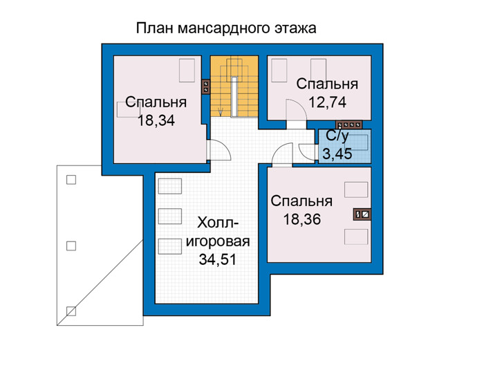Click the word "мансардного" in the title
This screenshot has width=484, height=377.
[x=223, y=28]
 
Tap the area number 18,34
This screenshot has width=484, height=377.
[x=156, y=120]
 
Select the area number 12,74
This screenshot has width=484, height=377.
[x=327, y=102]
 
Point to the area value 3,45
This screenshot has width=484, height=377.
[x=337, y=154]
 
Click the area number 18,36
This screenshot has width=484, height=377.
[x=302, y=219]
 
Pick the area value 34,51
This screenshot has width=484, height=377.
[x=218, y=259]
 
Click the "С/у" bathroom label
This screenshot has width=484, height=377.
[x=337, y=136]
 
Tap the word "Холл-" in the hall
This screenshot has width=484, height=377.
[x=218, y=222]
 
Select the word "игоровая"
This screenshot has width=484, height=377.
[x=218, y=241]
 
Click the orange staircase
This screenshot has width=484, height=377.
[x=234, y=86]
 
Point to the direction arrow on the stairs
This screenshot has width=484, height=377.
[x=221, y=111]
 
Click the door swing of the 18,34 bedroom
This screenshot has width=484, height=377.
[x=220, y=150]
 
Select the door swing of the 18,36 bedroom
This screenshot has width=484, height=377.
[x=282, y=154]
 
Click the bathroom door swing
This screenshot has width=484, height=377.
[x=307, y=152]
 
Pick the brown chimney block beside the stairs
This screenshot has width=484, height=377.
[x=205, y=86]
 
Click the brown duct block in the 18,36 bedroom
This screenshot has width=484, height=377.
[x=362, y=214]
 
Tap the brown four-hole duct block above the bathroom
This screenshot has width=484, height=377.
[x=349, y=125]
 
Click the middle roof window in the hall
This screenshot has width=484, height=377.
[x=170, y=216]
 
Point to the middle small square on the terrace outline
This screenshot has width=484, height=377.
[x=71, y=246]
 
